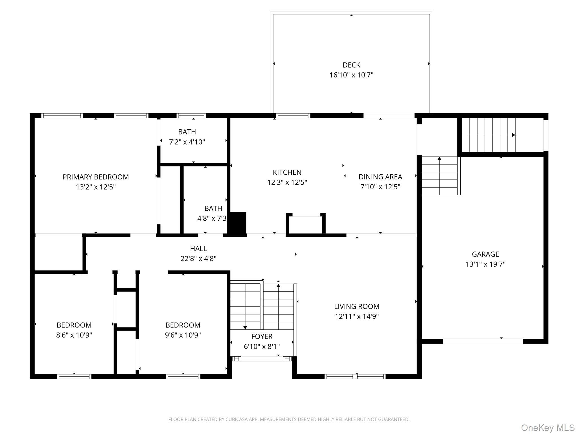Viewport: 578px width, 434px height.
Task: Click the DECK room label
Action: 351,65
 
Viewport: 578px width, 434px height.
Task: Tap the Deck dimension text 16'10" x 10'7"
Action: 351,75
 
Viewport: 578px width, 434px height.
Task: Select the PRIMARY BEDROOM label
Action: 96,177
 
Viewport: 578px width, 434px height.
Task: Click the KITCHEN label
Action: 287,172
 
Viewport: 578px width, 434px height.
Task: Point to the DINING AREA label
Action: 380,177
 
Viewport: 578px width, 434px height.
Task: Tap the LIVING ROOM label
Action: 356,307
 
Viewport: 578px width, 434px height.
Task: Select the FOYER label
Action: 262,337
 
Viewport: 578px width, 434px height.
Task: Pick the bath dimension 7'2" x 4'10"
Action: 187,142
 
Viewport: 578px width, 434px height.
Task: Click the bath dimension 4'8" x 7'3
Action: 212,218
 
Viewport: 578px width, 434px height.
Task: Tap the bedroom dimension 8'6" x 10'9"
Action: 74,335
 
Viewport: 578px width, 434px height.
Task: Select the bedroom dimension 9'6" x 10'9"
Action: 183,335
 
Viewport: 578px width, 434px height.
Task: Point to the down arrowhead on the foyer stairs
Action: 245,327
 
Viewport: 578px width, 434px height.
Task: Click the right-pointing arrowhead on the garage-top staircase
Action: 513,135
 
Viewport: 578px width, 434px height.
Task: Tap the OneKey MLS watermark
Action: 548,428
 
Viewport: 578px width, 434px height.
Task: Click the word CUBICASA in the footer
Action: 236,420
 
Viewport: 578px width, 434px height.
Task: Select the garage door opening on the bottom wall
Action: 483,341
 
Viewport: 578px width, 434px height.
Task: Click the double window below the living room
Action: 355,376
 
